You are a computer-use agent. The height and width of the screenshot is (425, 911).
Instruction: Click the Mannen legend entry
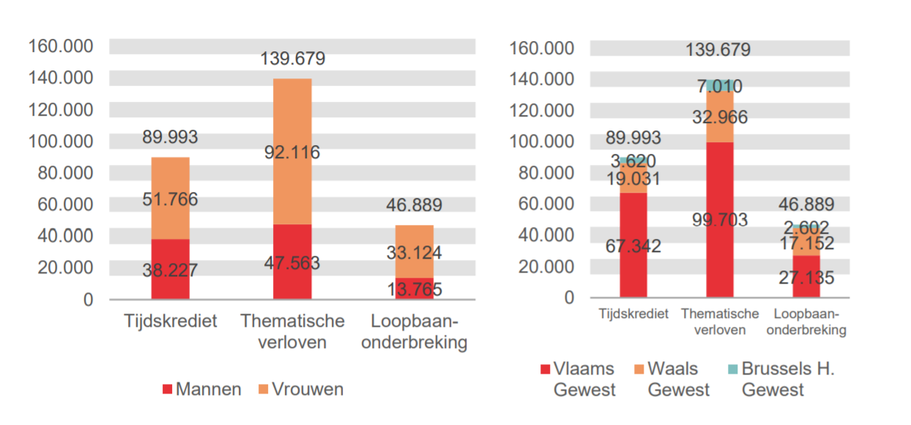(x=201, y=389)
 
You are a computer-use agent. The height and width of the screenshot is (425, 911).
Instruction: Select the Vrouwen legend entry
(x=300, y=389)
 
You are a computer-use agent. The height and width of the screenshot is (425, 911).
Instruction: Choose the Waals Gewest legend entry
(x=671, y=379)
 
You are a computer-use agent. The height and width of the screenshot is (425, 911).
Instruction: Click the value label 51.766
(x=170, y=199)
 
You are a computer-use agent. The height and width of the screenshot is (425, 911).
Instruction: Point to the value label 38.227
(x=170, y=270)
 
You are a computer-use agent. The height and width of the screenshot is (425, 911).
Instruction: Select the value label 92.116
(x=292, y=152)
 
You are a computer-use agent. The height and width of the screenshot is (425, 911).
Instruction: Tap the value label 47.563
(x=292, y=263)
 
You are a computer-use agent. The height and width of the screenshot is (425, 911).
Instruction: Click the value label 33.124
(x=414, y=253)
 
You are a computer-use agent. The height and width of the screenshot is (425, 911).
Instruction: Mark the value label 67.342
(x=633, y=245)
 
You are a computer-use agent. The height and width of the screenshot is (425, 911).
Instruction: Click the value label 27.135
(x=806, y=278)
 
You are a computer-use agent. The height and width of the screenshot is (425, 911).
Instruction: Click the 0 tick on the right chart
(x=570, y=297)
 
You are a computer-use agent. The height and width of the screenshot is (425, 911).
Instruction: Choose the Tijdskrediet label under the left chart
(x=170, y=322)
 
